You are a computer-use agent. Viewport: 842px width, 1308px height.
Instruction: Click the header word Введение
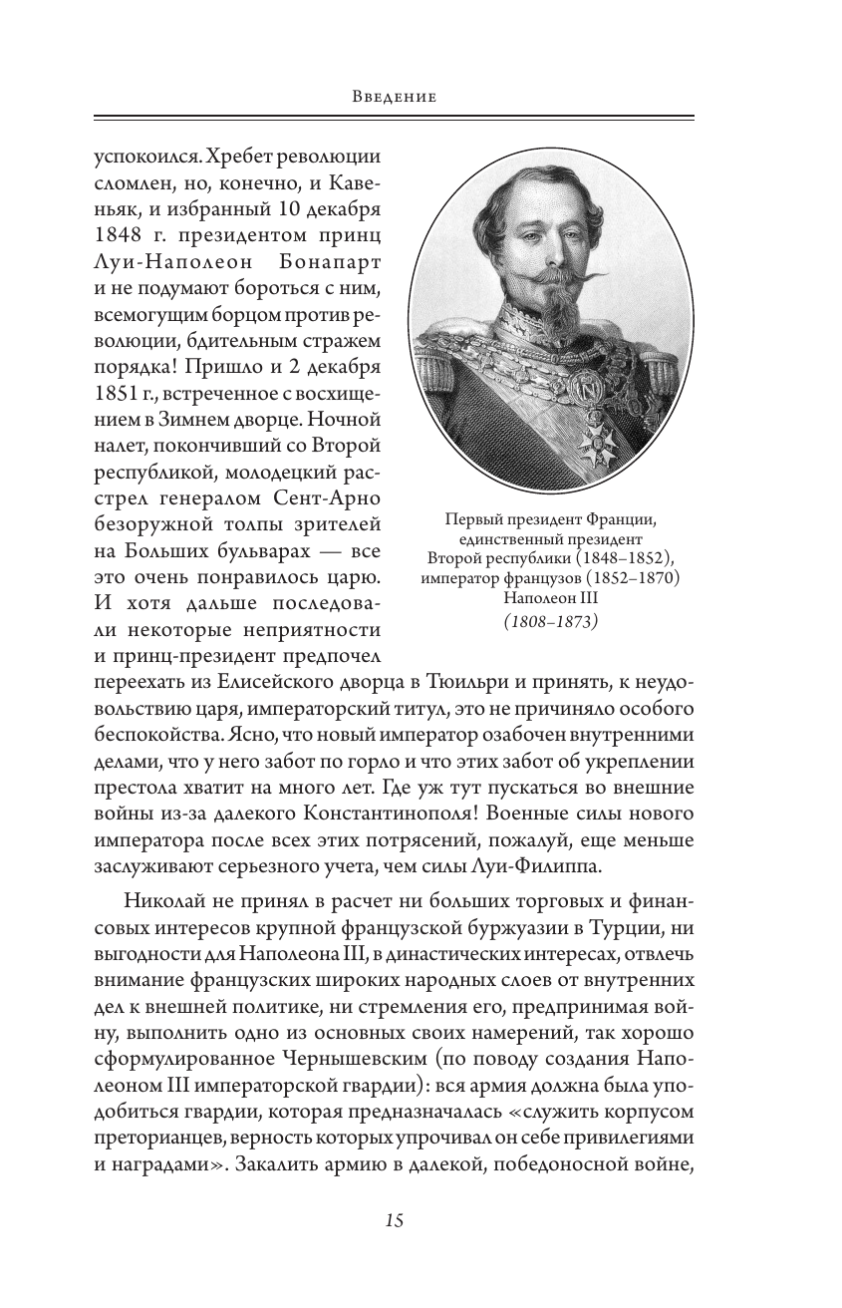396,98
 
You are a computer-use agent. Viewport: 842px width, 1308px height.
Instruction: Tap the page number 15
395,1219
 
